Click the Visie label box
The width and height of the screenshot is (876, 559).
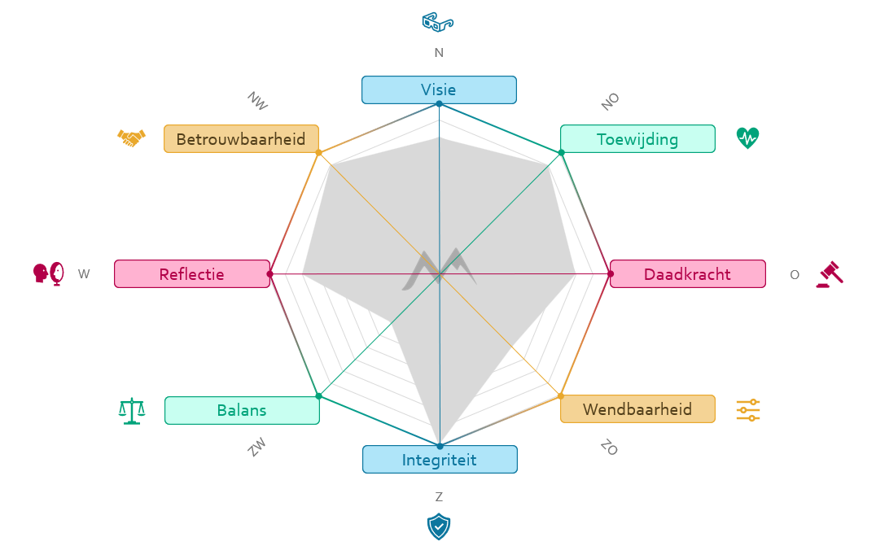click(x=439, y=90)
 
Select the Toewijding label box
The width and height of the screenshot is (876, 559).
click(x=637, y=139)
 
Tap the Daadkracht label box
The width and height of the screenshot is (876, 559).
click(x=687, y=274)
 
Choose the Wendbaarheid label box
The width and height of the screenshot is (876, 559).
click(x=637, y=408)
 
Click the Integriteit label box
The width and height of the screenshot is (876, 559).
click(x=440, y=460)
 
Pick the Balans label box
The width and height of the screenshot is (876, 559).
click(x=242, y=410)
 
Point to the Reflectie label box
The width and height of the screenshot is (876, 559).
click(x=192, y=274)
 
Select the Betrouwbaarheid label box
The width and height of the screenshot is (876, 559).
click(x=241, y=139)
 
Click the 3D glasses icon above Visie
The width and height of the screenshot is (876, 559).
click(x=438, y=22)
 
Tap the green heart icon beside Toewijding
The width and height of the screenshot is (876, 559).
click(x=747, y=138)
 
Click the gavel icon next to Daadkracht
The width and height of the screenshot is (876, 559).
click(x=830, y=274)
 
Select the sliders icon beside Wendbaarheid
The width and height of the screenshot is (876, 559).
click(x=747, y=409)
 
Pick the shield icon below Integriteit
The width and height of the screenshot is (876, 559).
click(x=439, y=527)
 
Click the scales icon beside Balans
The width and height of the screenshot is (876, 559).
click(x=131, y=411)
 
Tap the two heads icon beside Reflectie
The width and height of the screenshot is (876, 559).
click(x=48, y=273)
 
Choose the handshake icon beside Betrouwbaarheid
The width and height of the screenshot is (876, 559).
click(x=131, y=138)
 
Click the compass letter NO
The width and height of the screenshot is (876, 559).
click(x=611, y=101)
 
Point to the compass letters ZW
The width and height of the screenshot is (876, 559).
click(x=257, y=448)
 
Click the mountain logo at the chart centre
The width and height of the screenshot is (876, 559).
click(x=439, y=269)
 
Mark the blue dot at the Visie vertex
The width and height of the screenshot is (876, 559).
click(x=439, y=103)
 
